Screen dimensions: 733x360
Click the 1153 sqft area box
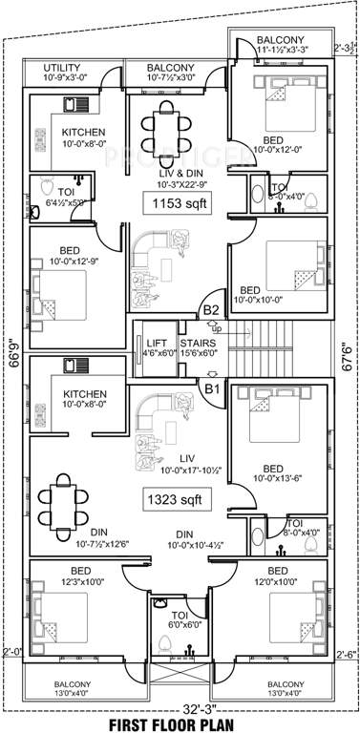point(176,203)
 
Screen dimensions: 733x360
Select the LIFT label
point(155,343)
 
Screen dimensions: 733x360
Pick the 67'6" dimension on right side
point(347,355)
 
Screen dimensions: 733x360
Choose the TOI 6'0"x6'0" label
point(179,621)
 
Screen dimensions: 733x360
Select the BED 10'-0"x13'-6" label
point(273,473)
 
